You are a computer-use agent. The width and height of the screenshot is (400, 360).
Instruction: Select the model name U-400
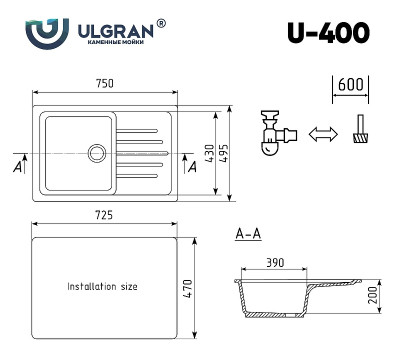[x=329, y=33]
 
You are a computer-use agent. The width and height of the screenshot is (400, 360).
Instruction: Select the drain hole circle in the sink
[x=97, y=152]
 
